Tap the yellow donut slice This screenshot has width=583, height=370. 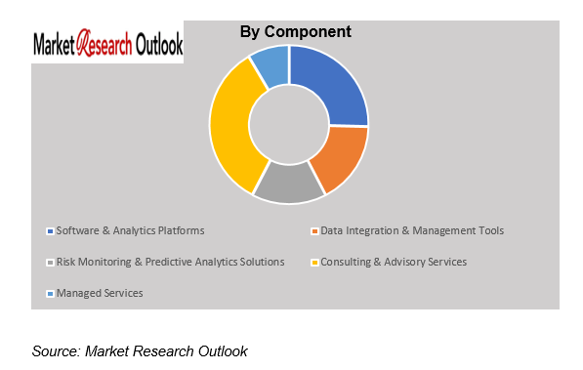pyautogui.click(x=232, y=127)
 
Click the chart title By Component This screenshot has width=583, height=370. pyautogui.click(x=295, y=32)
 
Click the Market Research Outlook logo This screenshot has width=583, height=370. pyautogui.click(x=107, y=45)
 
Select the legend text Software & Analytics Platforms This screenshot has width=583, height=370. pyautogui.click(x=131, y=230)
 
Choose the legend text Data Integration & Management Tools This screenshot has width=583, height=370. pyautogui.click(x=412, y=230)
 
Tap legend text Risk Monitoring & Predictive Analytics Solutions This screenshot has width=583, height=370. pyautogui.click(x=170, y=262)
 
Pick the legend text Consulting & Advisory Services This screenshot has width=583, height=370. pyautogui.click(x=394, y=262)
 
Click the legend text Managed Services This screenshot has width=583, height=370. pyautogui.click(x=100, y=293)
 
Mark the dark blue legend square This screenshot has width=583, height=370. pyautogui.click(x=50, y=231)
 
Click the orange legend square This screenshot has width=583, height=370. pyautogui.click(x=313, y=231)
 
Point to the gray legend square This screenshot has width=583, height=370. pyautogui.click(x=50, y=263)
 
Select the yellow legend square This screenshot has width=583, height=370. pyautogui.click(x=313, y=263)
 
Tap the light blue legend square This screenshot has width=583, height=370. pyautogui.click(x=50, y=294)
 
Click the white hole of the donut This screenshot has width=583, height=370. pyautogui.click(x=289, y=124)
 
